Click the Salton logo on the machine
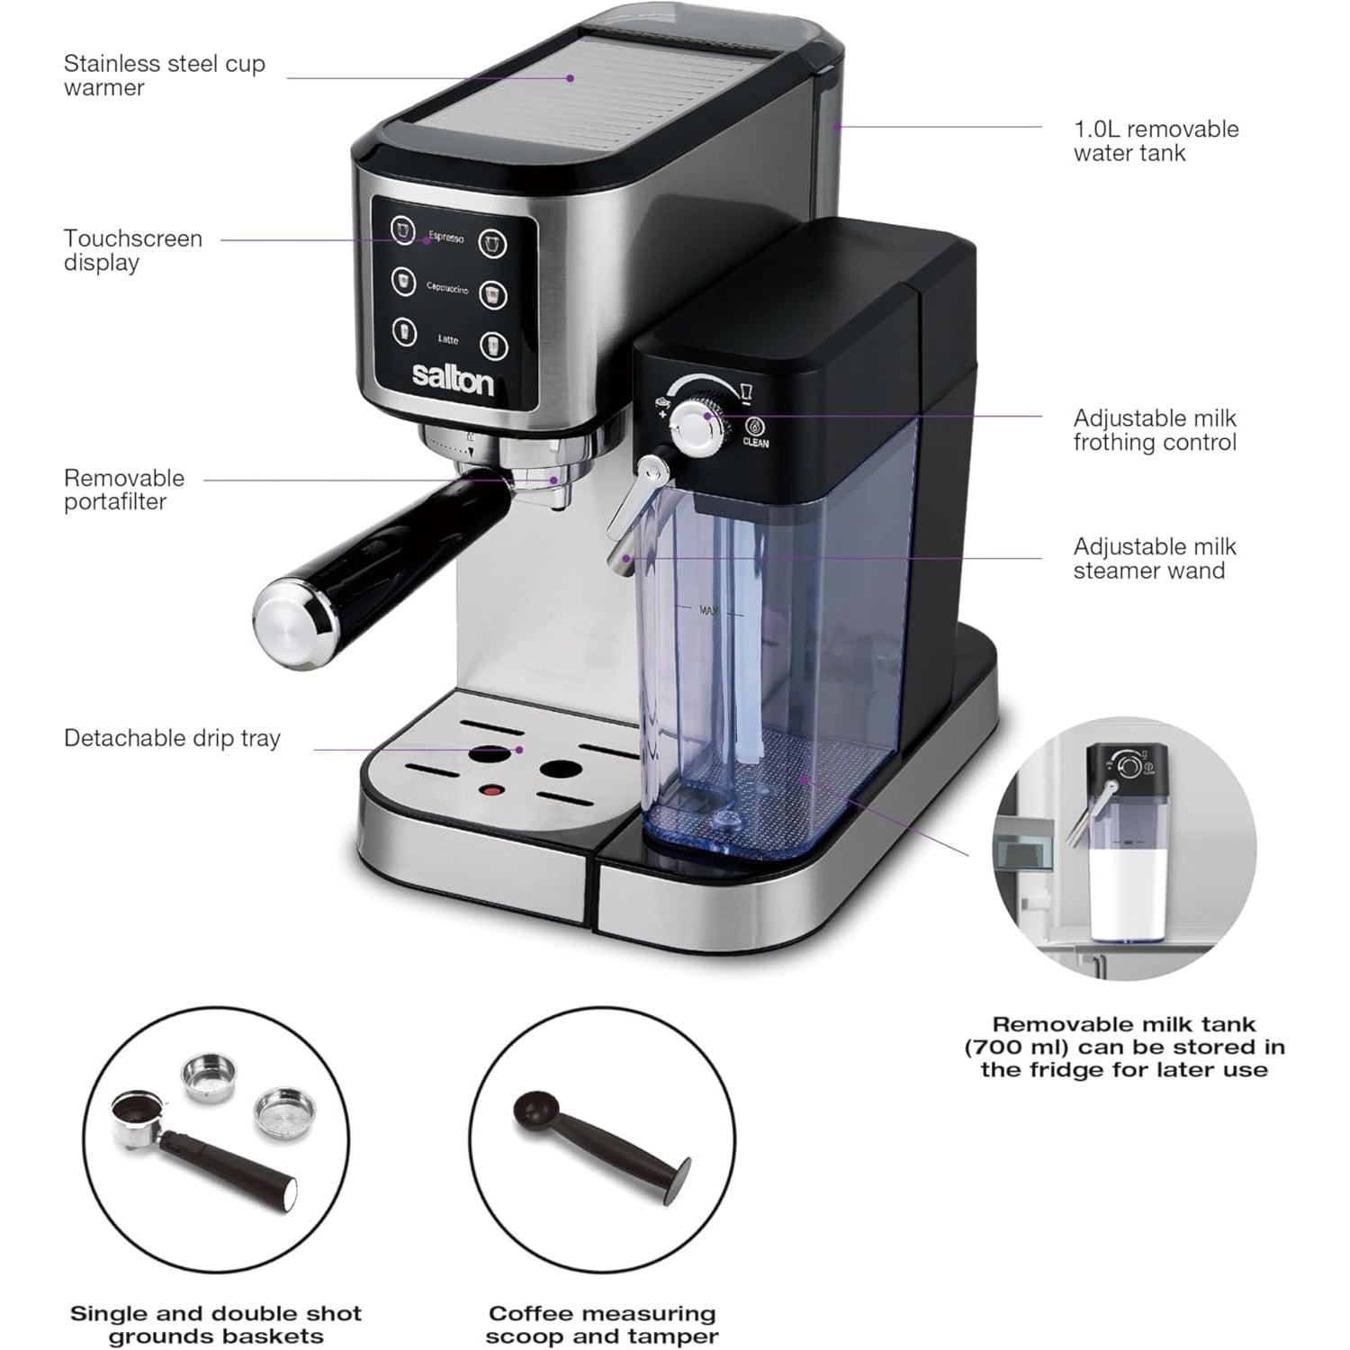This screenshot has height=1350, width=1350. (x=453, y=379)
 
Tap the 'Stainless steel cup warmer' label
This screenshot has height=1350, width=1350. (x=164, y=76)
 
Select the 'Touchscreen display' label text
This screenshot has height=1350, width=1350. (x=132, y=250)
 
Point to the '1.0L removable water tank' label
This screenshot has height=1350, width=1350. (x=1156, y=140)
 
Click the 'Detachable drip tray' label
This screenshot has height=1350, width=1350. (x=172, y=738)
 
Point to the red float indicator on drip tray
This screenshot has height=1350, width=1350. (x=491, y=791)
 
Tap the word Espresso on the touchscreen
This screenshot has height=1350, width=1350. (x=446, y=237)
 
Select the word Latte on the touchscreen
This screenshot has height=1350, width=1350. (x=448, y=339)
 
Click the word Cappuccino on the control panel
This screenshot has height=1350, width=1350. (x=447, y=289)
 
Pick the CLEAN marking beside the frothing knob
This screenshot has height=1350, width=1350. (x=755, y=443)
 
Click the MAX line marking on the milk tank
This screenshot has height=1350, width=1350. (x=708, y=611)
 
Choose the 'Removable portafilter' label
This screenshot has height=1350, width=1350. (x=123, y=490)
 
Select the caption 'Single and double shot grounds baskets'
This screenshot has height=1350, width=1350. (x=216, y=1325)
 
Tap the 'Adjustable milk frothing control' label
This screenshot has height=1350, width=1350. (x=1154, y=430)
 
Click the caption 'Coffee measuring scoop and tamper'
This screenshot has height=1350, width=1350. (x=601, y=1325)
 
